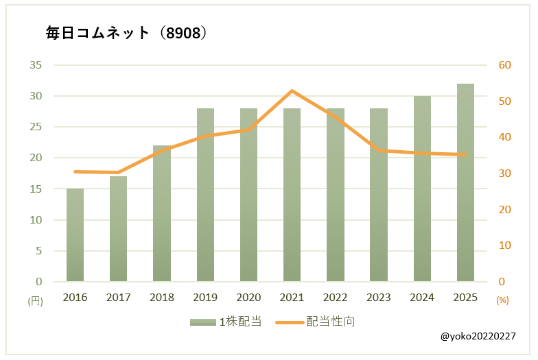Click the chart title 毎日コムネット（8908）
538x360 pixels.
tap(126, 33)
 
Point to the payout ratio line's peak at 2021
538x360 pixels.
tap(292, 91)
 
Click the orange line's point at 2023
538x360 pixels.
tap(379, 149)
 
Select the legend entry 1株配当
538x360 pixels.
tap(226, 322)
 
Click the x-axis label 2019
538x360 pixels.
tap(205, 298)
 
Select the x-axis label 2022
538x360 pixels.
tap(336, 298)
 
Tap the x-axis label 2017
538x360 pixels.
tap(118, 298)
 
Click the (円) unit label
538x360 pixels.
tap(35, 300)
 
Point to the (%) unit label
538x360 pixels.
tap(502, 300)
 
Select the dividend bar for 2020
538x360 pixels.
tap(248, 195)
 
